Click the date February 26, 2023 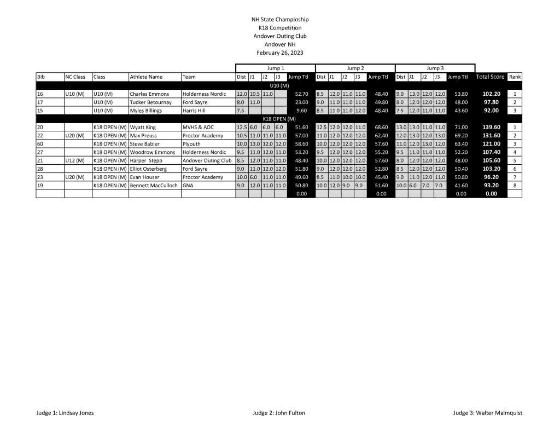279,53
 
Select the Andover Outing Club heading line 279,36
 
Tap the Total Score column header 490,77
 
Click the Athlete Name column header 146,77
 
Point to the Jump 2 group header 355,68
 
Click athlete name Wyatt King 143,127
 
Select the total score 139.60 491,127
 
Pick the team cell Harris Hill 194,111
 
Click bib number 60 40,143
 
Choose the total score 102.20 491,94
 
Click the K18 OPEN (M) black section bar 279,119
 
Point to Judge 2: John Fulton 279,413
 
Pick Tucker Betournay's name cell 150,102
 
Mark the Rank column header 515,77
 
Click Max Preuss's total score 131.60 491,135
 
